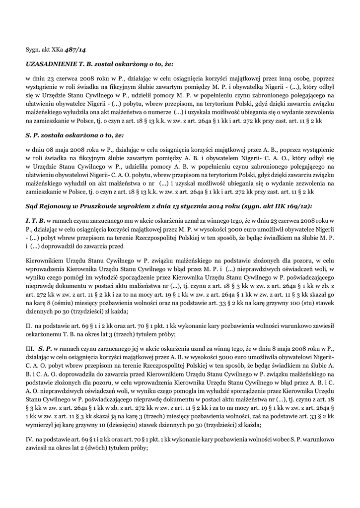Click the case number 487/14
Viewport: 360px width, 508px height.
pos(78,50)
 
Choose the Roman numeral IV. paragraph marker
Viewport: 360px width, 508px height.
pos(30,440)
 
